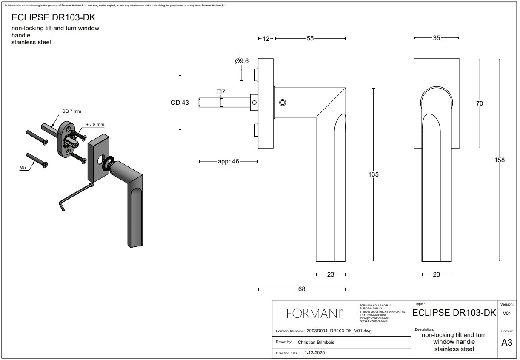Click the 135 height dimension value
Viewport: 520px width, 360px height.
(373, 174)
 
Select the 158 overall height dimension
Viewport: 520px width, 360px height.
(500, 160)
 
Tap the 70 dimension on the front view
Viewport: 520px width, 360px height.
(480, 103)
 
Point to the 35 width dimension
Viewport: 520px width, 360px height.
(436, 38)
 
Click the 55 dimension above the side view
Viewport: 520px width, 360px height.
(310, 38)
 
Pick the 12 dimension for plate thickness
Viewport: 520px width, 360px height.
(266, 38)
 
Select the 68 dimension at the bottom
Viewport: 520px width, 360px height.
(302, 289)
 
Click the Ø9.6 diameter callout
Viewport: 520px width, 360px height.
(242, 61)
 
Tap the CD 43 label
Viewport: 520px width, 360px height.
(180, 103)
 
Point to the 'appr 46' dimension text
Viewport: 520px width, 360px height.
(229, 161)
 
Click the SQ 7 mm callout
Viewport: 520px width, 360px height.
(71, 111)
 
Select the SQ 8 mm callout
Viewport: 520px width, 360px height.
(94, 124)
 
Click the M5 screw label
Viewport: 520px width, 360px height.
(23, 168)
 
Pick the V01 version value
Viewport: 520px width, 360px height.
(507, 314)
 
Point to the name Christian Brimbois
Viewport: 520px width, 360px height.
(317, 342)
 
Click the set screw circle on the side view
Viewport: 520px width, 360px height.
(283, 103)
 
